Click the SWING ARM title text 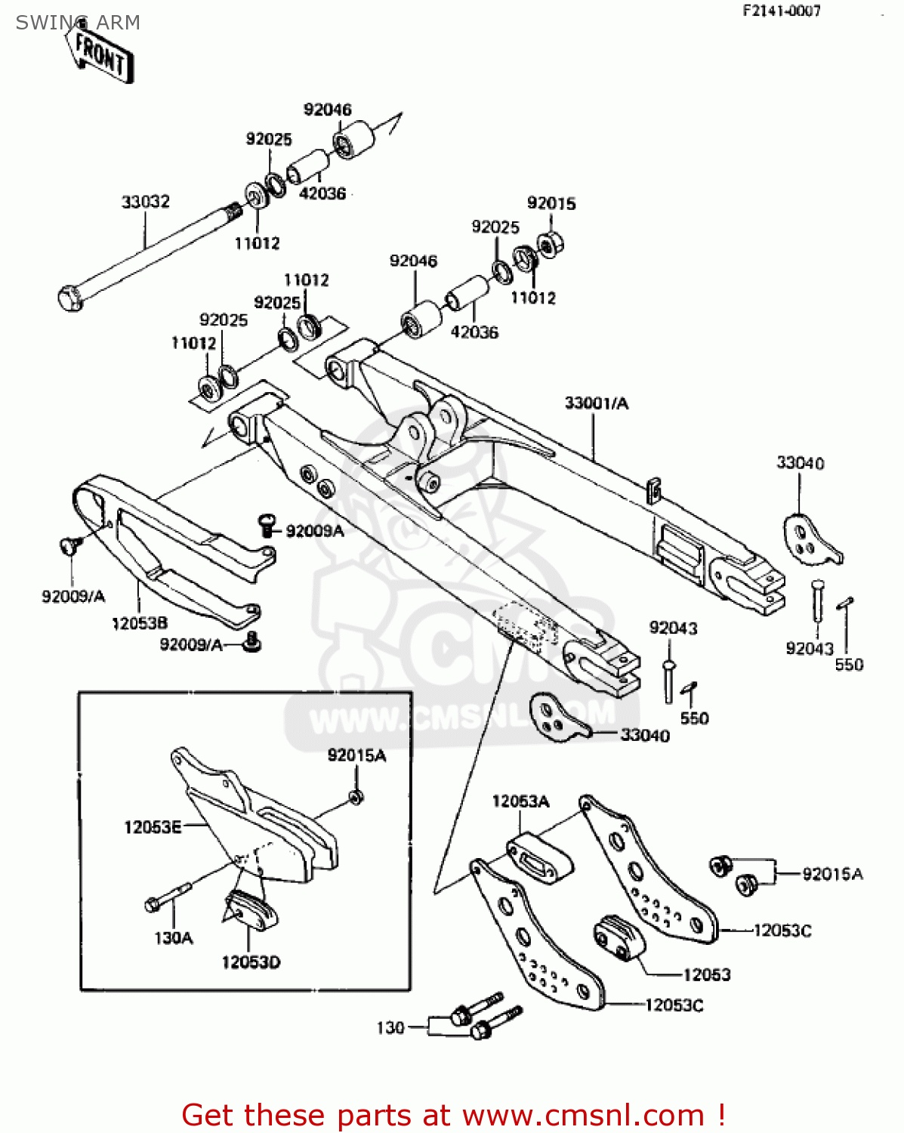tap(78, 23)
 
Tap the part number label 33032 tap(146, 202)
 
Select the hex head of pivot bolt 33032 tap(69, 298)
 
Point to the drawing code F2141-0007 tap(781, 11)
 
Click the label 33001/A tap(596, 403)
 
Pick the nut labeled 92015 tap(551, 243)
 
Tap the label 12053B tap(140, 623)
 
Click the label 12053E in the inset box tap(153, 827)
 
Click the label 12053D tap(251, 962)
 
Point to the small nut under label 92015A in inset tap(356, 797)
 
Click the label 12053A tap(520, 801)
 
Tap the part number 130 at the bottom tap(390, 1027)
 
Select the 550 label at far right tap(849, 665)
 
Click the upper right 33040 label tap(801, 463)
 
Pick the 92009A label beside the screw tap(315, 531)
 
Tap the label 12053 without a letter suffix tap(707, 974)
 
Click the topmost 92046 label tap(328, 110)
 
